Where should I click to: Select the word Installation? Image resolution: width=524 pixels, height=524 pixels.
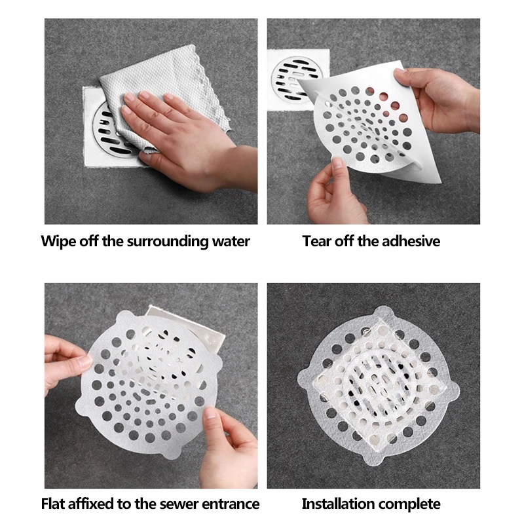pyautogui.click(x=338, y=504)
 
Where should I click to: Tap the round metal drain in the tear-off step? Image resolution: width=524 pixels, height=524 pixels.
pyautogui.click(x=297, y=79)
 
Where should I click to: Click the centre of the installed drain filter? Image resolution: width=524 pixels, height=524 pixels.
pyautogui.click(x=379, y=386)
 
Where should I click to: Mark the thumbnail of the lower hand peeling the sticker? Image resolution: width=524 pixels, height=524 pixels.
pyautogui.click(x=337, y=163)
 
